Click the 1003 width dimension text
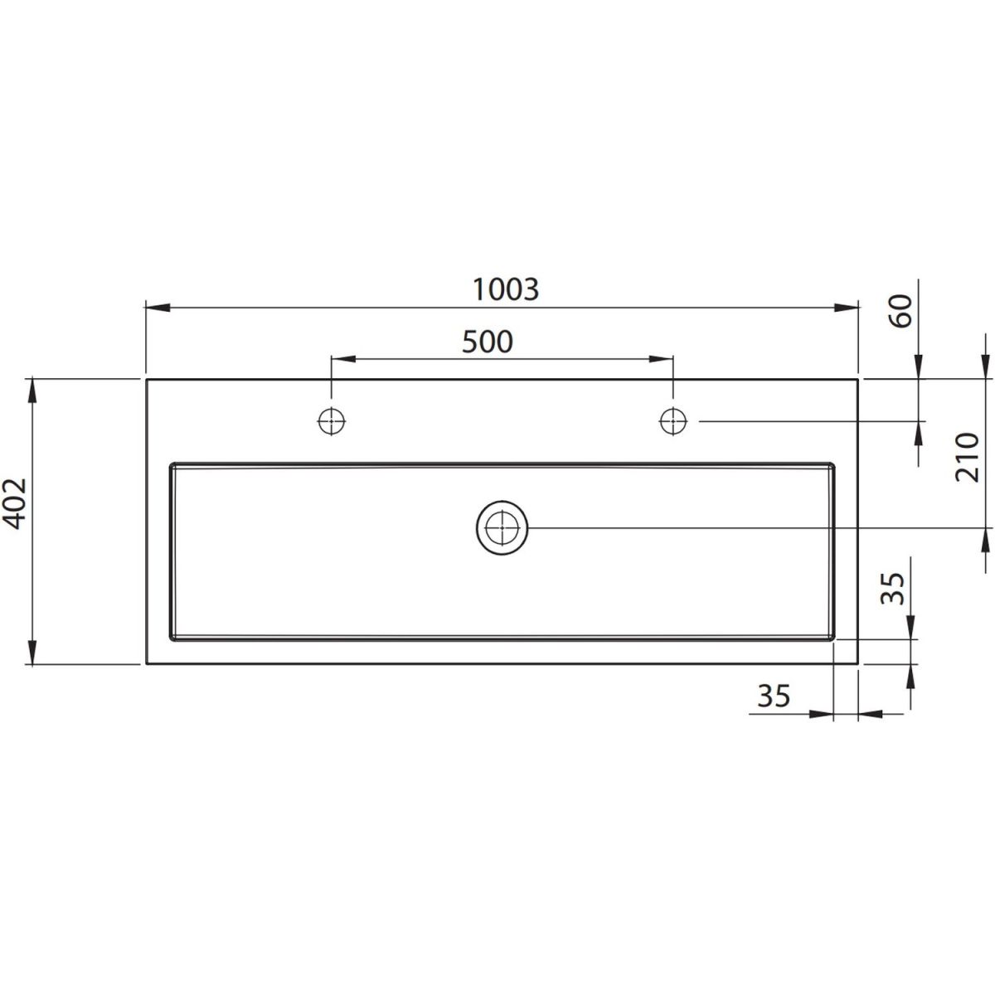[x=506, y=289]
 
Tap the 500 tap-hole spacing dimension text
[x=488, y=342]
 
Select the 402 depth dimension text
[x=14, y=503]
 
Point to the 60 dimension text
[x=900, y=310]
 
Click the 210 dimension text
[x=966, y=458]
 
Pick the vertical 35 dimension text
[x=893, y=589]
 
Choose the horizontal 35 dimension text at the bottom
[x=774, y=696]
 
